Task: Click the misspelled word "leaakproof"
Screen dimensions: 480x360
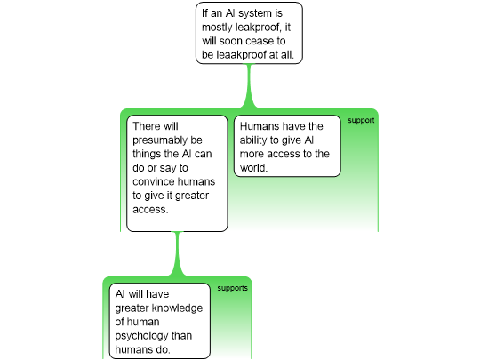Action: click(x=241, y=55)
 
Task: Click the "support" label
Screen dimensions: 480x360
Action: click(x=361, y=121)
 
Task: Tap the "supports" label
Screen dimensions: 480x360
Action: click(x=232, y=288)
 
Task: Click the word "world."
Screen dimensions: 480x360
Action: click(x=253, y=168)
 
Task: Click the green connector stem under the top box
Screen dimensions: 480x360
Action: click(x=249, y=85)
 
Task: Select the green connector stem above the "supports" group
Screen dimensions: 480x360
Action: click(x=177, y=254)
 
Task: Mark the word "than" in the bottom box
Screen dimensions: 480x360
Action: click(x=181, y=336)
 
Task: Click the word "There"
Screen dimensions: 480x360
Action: click(x=144, y=126)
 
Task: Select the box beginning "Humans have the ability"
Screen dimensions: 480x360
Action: click(x=287, y=146)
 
